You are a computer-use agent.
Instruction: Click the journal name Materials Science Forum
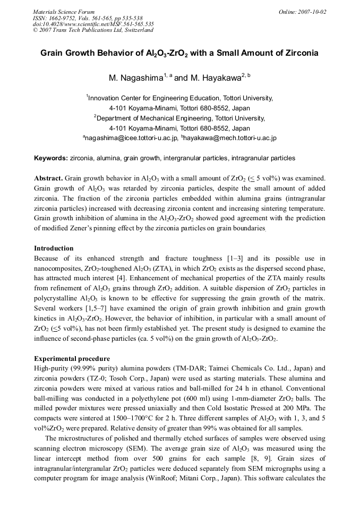click(x=64, y=12)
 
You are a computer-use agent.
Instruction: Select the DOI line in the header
click(x=93, y=24)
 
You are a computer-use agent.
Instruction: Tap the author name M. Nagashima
click(x=135, y=78)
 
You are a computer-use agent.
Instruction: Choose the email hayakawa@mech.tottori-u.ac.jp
click(x=229, y=138)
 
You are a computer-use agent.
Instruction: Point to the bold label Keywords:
click(x=51, y=158)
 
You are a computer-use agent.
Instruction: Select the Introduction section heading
click(x=54, y=248)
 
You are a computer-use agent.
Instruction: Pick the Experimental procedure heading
click(x=72, y=358)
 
